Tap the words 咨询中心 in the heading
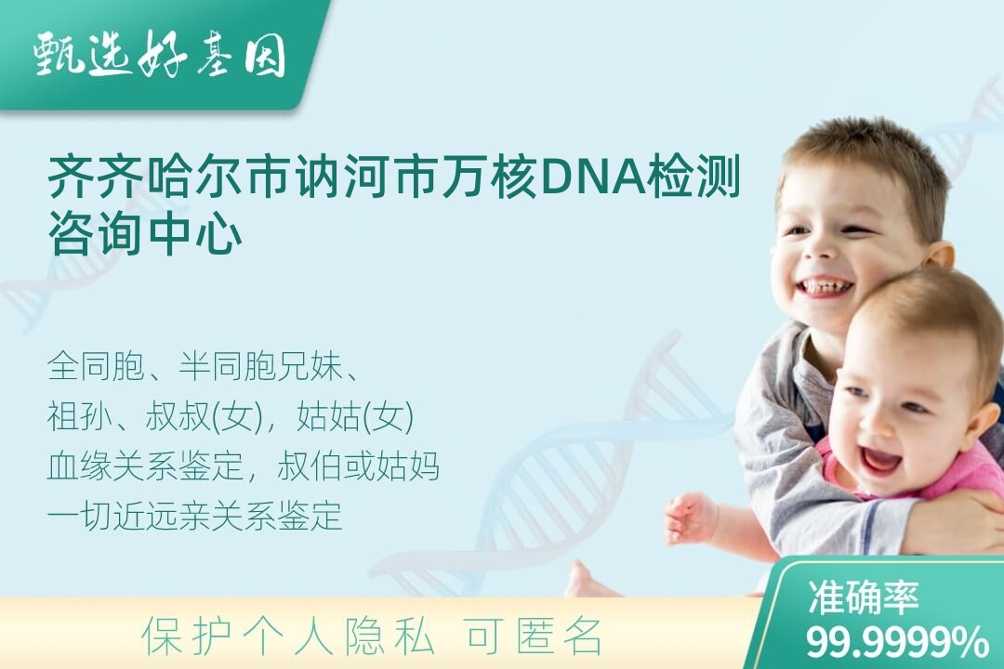[x=145, y=234]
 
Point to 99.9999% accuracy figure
[x=896, y=642]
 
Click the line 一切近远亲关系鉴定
[x=194, y=517]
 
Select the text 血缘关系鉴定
[x=146, y=466]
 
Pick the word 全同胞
[x=96, y=367]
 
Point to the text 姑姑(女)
[x=355, y=417]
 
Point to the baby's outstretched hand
[x=686, y=518]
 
